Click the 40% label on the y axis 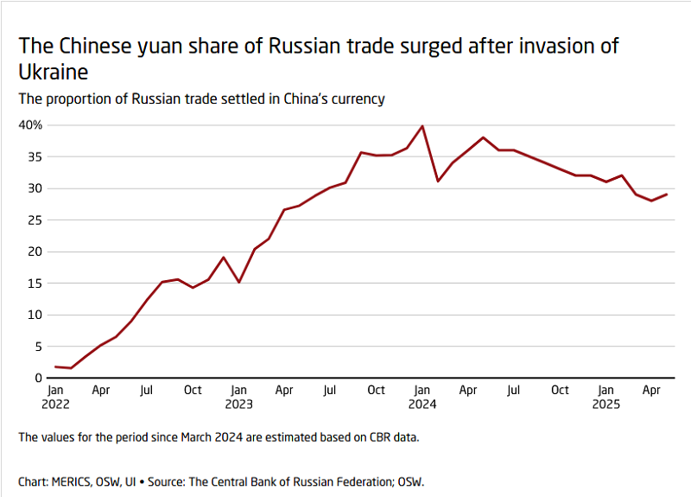(30, 125)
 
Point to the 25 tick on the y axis (35, 220)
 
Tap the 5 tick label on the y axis (38, 347)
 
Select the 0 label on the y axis (38, 378)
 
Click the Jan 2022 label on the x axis (56, 397)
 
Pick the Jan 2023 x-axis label (239, 397)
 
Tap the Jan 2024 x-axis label (422, 397)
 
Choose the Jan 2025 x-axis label (605, 397)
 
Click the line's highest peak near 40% (422, 126)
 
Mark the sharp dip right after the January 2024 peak (438, 181)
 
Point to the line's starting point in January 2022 (56, 366)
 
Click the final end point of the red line (667, 194)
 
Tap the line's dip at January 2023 (239, 282)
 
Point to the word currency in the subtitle (353, 99)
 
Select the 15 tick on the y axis (35, 284)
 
